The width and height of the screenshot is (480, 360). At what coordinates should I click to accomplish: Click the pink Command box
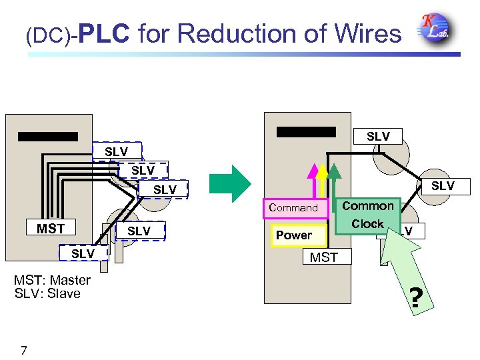point(293,208)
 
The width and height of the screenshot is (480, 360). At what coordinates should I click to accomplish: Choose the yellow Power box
point(294,235)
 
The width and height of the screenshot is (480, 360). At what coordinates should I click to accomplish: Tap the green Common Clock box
point(368,215)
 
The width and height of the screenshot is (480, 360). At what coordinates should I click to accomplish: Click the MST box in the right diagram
point(324,257)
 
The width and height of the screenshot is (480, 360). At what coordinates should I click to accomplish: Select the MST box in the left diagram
point(51,229)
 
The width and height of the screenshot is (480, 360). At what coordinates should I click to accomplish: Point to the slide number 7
point(24,350)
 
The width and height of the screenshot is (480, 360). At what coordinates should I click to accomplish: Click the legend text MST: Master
point(52,280)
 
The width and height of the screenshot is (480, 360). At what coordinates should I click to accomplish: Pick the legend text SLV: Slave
point(47,293)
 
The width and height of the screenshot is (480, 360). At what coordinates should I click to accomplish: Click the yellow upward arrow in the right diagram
point(322,180)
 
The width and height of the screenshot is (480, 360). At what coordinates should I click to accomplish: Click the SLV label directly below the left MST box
point(83,253)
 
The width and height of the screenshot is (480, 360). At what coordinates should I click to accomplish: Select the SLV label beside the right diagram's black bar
point(378,136)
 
